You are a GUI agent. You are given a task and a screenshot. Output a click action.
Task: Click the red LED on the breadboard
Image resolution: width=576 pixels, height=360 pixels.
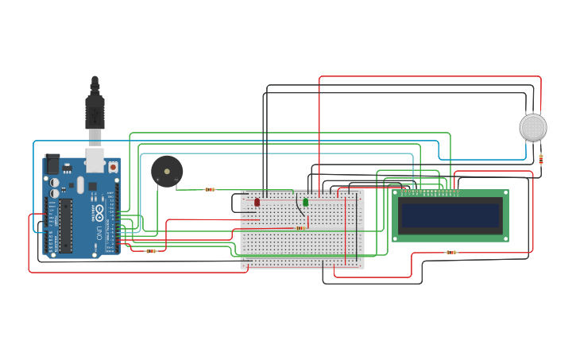coord(257,203)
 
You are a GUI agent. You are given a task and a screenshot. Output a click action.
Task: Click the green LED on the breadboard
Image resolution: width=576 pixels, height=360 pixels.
coord(305,203)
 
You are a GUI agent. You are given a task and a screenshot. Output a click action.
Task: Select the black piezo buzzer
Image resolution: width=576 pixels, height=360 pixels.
coord(167,171)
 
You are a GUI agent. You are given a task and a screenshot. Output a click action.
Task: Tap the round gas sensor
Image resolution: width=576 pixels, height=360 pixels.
coord(533,127)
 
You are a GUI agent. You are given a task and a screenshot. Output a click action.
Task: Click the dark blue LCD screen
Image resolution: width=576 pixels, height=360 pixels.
coord(450,215)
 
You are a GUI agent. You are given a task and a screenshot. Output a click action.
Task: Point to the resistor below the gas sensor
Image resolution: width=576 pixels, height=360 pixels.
coord(541,159)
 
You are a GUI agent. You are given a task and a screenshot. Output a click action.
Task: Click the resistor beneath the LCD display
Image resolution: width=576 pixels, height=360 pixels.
coord(451,252)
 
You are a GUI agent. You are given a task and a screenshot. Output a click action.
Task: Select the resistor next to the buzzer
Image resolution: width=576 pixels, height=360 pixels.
coord(210,189)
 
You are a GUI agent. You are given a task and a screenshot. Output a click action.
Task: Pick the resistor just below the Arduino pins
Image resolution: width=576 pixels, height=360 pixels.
coord(151,251)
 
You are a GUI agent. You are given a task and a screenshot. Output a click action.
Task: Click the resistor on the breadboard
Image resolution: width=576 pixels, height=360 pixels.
coord(300,228)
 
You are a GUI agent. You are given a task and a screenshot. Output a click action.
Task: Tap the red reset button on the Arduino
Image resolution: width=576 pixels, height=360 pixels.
coord(113,167)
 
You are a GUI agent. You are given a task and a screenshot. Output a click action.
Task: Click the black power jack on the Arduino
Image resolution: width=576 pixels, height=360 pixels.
coord(52,164)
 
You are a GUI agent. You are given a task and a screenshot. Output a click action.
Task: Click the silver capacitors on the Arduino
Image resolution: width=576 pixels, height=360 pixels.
coord(54,188)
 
